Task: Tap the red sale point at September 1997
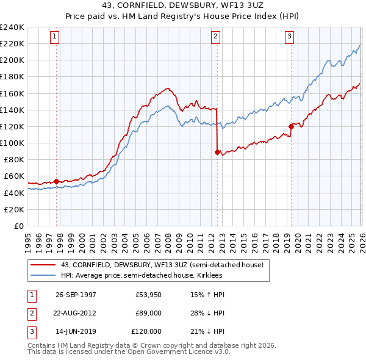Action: [x=57, y=181]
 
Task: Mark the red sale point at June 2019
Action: [x=291, y=127]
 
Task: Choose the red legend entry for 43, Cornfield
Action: [x=162, y=265]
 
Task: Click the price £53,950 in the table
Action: [x=148, y=295]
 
